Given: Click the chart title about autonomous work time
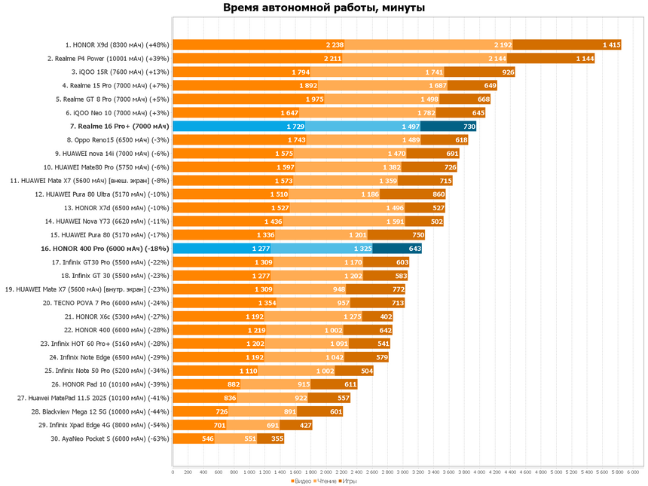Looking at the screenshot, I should (323, 8).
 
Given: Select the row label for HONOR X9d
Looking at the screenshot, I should (117, 45).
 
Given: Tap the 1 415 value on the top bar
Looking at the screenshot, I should (610, 45).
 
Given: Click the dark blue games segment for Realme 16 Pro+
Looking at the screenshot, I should (448, 127).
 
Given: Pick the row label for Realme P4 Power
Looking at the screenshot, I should (108, 59).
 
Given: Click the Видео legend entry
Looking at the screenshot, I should (300, 480).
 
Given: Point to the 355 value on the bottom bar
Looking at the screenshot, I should (277, 439).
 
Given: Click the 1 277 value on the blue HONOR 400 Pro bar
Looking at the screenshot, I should (261, 249).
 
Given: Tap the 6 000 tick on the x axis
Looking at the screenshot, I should (633, 472).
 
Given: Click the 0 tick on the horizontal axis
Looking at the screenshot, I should (173, 472).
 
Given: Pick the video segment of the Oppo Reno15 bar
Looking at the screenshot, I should (240, 140).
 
